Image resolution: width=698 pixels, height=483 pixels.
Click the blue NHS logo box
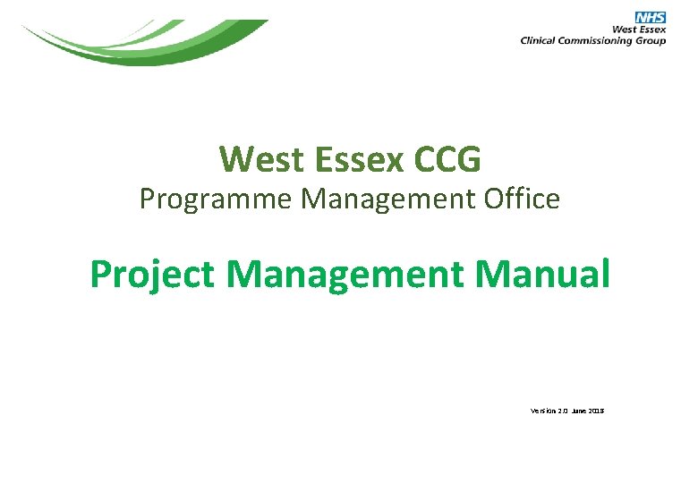tap(651, 18)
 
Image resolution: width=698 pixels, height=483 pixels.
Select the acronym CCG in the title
tap(447, 159)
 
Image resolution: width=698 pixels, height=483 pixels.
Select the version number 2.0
tap(561, 411)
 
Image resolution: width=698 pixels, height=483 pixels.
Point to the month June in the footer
tap(579, 411)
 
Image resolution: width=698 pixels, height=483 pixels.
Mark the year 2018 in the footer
tap(597, 411)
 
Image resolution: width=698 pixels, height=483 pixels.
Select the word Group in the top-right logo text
tap(651, 40)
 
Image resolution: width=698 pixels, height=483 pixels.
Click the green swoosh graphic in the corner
tap(143, 43)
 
